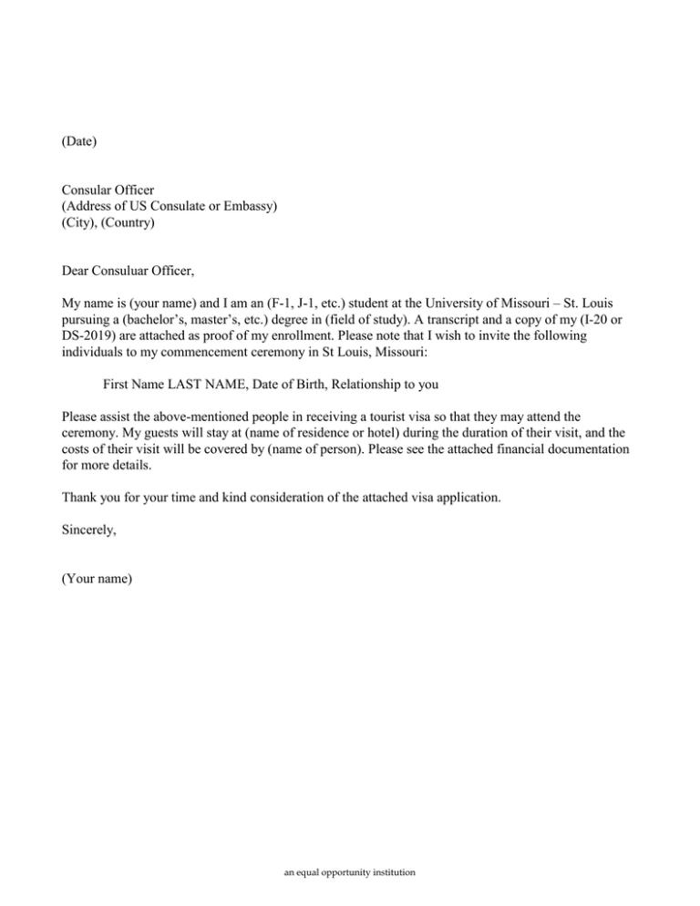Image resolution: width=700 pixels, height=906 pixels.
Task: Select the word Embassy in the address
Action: (x=246, y=206)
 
